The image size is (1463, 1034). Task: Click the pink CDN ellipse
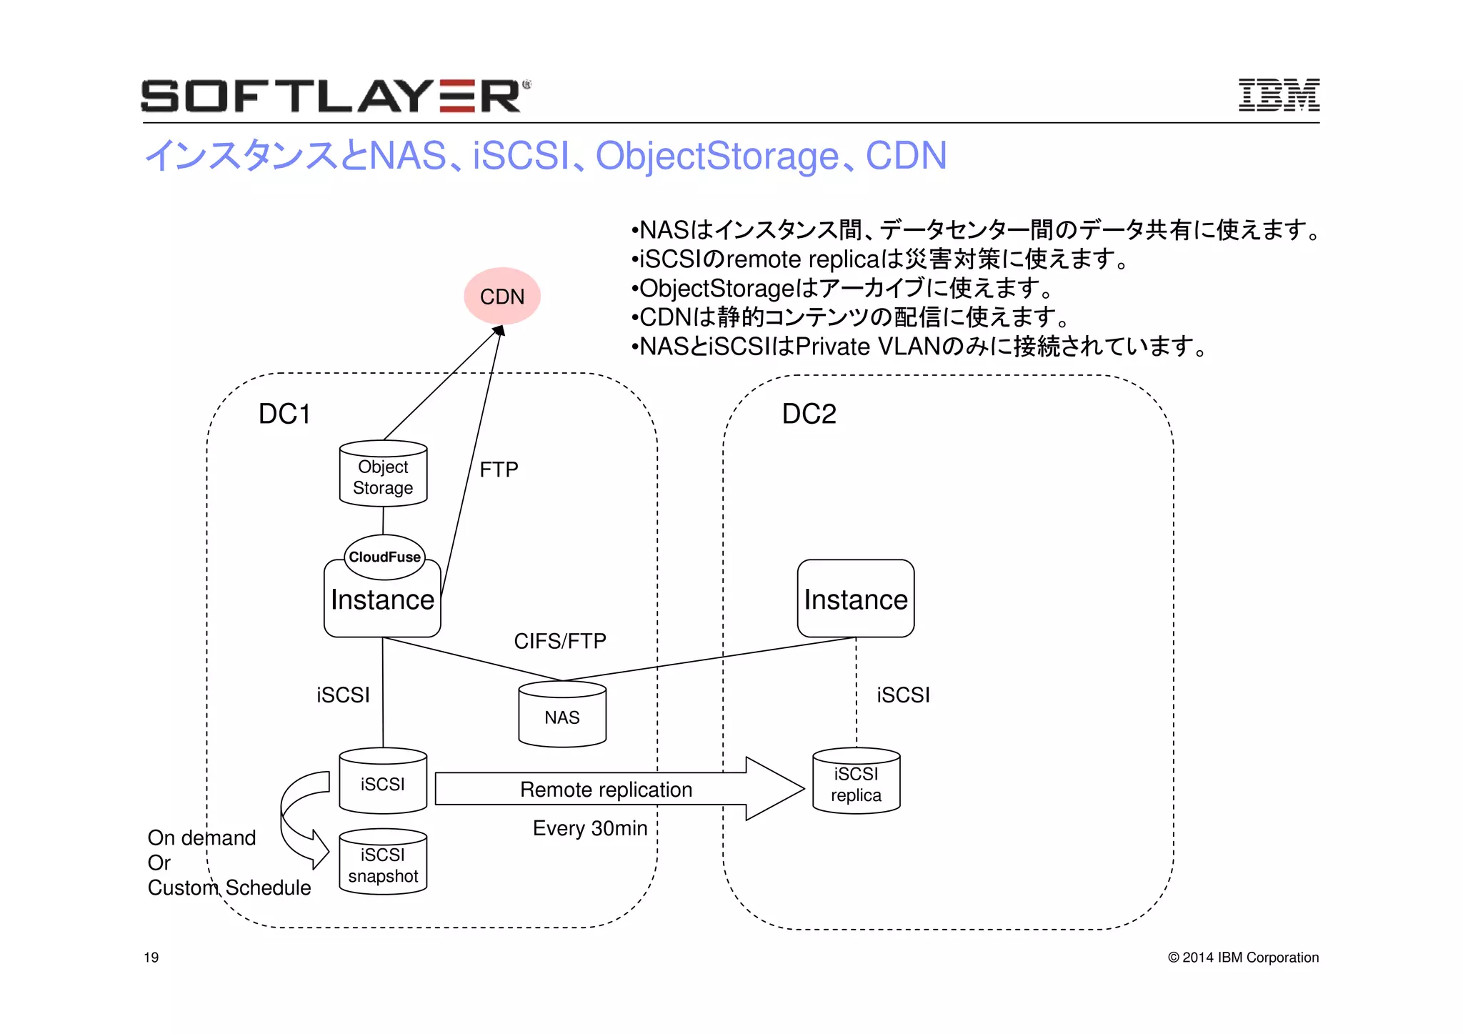pyautogui.click(x=501, y=296)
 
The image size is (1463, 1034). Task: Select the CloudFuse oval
pyautogui.click(x=384, y=557)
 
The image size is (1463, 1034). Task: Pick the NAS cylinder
pyautogui.click(x=562, y=717)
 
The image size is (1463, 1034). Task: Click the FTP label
pyautogui.click(x=499, y=469)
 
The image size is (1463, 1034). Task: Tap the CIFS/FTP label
pyautogui.click(x=559, y=641)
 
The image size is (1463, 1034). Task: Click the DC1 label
pyautogui.click(x=284, y=414)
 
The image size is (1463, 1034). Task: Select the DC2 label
pyautogui.click(x=809, y=414)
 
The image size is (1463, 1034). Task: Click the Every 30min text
pyautogui.click(x=589, y=828)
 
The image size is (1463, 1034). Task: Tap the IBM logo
pyautogui.click(x=1278, y=95)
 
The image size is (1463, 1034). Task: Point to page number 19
pyautogui.click(x=151, y=958)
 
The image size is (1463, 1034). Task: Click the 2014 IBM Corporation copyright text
pyautogui.click(x=1243, y=958)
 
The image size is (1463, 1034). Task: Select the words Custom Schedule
pyautogui.click(x=229, y=888)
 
